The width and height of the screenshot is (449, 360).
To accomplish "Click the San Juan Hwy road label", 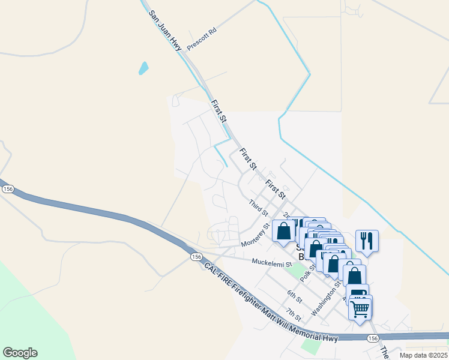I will tap(165, 31).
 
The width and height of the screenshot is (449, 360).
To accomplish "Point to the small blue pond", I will tap(143, 68).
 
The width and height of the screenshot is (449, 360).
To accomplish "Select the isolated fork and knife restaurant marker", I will tap(366, 241).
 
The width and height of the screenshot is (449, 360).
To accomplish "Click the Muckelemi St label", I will tap(271, 263).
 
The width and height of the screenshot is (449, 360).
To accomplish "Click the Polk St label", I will tap(308, 270).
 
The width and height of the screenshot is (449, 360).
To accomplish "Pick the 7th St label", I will tap(293, 313).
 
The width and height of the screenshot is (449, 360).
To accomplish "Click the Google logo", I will tap(20, 353).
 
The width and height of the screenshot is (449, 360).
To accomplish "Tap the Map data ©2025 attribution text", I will tap(423, 355).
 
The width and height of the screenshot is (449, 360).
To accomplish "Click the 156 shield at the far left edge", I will tap(8, 188).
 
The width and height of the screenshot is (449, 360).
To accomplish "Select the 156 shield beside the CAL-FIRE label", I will tap(196, 257).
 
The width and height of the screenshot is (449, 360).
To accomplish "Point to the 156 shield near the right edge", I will tap(373, 339).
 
